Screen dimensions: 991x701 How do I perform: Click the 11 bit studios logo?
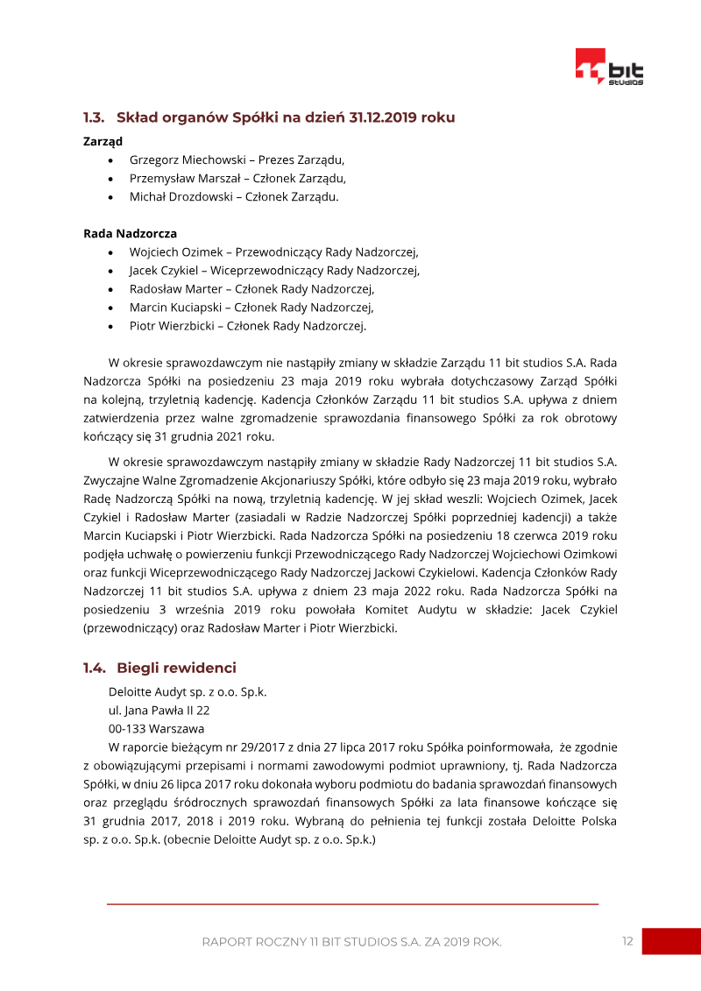point(608,67)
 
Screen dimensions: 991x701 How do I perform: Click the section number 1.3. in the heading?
point(95,117)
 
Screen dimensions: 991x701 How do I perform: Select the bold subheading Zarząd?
point(103,141)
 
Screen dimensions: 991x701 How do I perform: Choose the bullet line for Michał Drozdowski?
point(233,197)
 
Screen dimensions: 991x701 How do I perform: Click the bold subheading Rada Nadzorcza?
point(130,234)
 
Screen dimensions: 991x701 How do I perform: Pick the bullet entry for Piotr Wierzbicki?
point(247,326)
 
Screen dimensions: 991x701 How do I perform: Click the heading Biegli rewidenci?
point(176,669)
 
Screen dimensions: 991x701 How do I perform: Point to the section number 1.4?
point(95,669)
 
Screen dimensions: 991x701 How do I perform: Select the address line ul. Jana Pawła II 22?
point(159,711)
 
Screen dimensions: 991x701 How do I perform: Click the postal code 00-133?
point(127,729)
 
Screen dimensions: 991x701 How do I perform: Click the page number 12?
point(627,941)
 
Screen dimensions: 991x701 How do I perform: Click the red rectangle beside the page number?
point(671,941)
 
